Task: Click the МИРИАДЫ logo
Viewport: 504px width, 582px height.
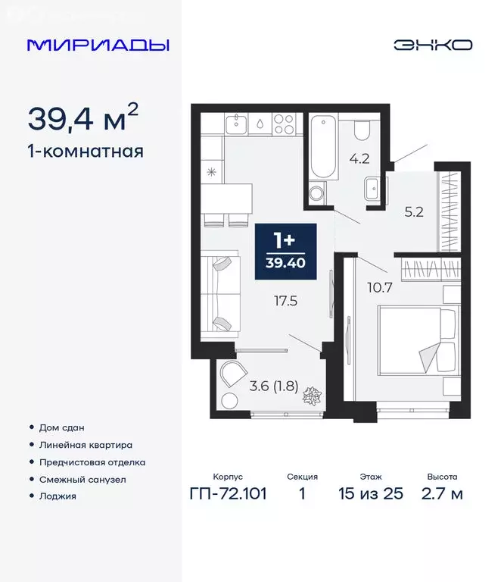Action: pyautogui.click(x=98, y=45)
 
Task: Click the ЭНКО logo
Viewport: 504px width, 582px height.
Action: pyautogui.click(x=432, y=45)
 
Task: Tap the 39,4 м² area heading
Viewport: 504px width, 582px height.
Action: pyautogui.click(x=83, y=118)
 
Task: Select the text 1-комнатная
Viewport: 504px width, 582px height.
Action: pyautogui.click(x=86, y=152)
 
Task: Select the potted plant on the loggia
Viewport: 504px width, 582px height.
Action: pyautogui.click(x=311, y=396)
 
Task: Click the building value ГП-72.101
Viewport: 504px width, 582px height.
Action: pyautogui.click(x=227, y=494)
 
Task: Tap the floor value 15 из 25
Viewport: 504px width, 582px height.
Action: pyautogui.click(x=371, y=494)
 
